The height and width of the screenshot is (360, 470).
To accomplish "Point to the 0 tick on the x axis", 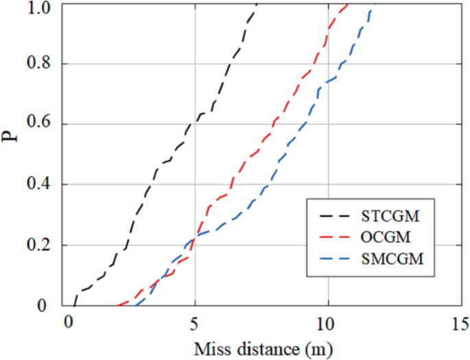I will pos(67,322).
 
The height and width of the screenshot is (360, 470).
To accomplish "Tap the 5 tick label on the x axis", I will pos(196,322).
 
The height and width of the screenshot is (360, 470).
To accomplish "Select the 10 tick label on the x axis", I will pos(328,322).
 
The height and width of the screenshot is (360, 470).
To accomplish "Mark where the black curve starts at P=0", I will pos(73,304).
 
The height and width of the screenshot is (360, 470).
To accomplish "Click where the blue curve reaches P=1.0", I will pos(374,5).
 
